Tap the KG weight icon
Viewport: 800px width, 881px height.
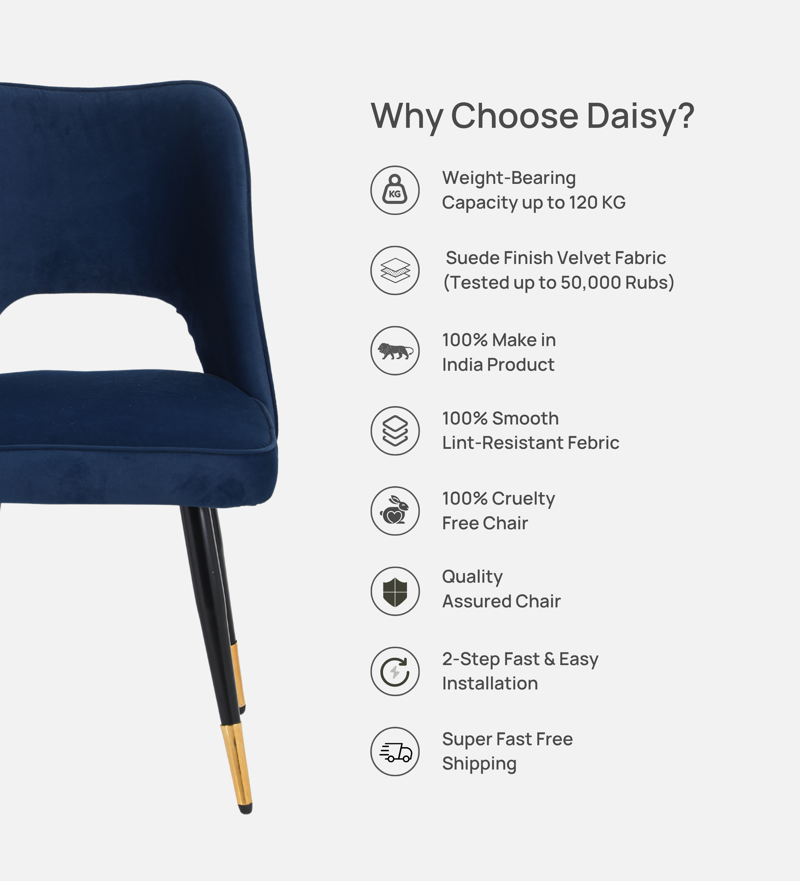395,190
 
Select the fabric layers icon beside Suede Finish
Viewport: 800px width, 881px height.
395,270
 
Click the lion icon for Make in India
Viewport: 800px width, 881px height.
395,351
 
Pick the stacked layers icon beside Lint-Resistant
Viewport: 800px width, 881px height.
395,431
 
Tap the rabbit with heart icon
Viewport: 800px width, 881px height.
395,511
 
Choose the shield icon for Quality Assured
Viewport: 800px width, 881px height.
395,591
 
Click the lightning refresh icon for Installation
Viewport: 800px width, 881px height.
395,671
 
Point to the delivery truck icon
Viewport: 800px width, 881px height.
395,752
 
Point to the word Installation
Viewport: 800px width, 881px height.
490,683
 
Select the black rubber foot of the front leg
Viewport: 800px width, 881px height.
246,809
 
